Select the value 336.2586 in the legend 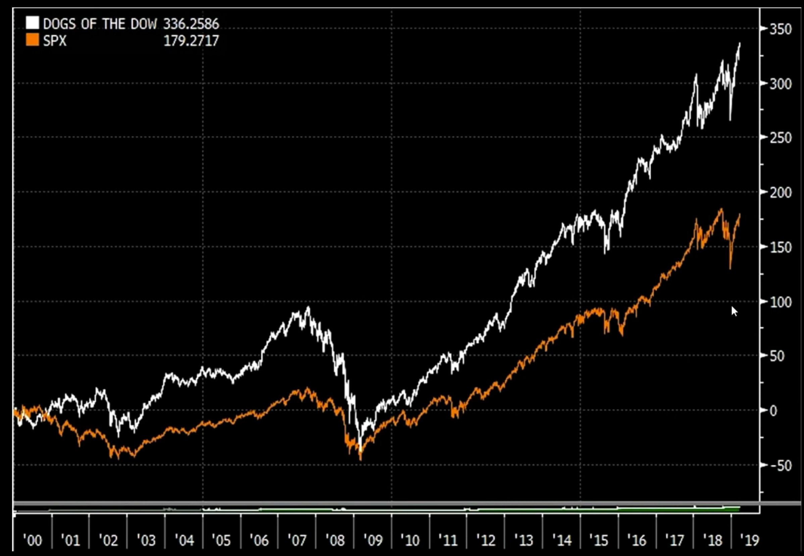click(191, 24)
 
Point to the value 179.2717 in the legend click(191, 41)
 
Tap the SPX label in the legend click(55, 41)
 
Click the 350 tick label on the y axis click(780, 29)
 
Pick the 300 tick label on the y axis click(780, 84)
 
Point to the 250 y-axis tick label click(780, 138)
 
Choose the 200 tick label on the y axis click(780, 193)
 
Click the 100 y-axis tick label click(780, 302)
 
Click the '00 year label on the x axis click(33, 540)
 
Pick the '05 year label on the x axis click(221, 540)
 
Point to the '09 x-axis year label click(372, 540)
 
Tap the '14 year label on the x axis click(562, 540)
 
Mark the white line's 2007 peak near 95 click(308, 307)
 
